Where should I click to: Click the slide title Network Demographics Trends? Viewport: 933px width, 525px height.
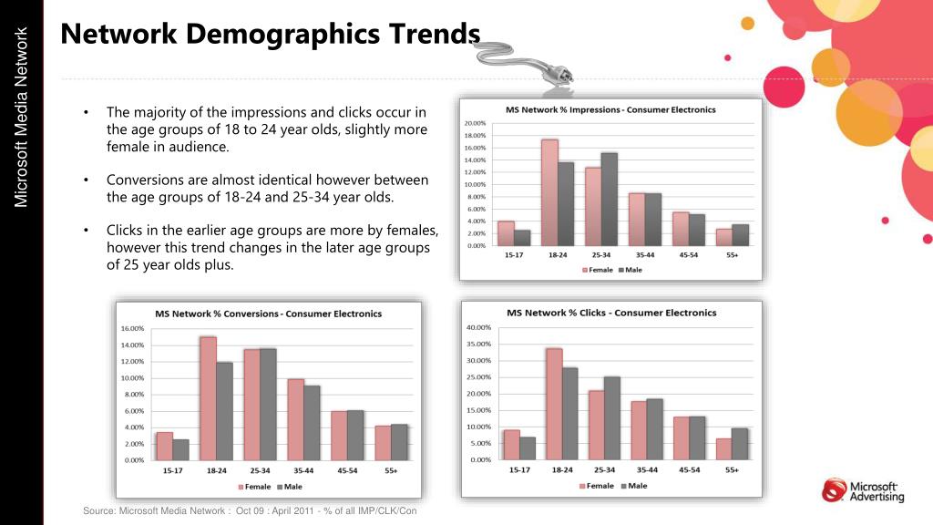click(x=270, y=35)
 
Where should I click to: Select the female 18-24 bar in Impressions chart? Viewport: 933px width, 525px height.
click(x=549, y=192)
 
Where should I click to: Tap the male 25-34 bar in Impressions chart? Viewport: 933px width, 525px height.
click(x=609, y=199)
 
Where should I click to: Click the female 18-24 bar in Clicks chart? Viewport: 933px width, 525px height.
click(x=554, y=404)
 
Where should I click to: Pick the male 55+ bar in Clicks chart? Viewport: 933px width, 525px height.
click(x=740, y=444)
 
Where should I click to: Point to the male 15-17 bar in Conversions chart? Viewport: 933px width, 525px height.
click(x=179, y=449)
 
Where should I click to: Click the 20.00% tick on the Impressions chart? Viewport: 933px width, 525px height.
click(x=475, y=123)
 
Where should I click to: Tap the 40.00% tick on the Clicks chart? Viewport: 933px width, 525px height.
click(x=479, y=327)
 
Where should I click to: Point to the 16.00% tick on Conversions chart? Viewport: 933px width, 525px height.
click(x=133, y=328)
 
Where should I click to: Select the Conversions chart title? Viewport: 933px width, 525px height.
click(x=268, y=314)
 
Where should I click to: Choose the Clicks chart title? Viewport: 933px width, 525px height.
click(x=611, y=313)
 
